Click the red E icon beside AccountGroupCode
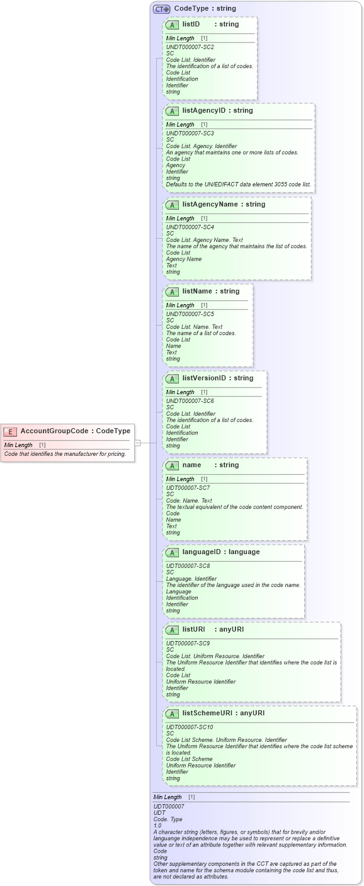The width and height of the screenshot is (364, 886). pos(10,431)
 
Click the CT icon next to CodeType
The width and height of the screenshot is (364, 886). pos(162,9)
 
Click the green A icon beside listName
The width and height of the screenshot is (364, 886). pos(172,292)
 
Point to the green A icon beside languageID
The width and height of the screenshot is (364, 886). pos(172,553)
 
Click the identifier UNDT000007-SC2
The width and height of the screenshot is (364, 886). pos(190,47)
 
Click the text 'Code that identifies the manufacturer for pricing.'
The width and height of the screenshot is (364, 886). pos(65,454)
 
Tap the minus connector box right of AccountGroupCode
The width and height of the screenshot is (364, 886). pos(137,443)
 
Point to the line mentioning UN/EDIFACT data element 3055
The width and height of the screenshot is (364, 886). pos(238,185)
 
